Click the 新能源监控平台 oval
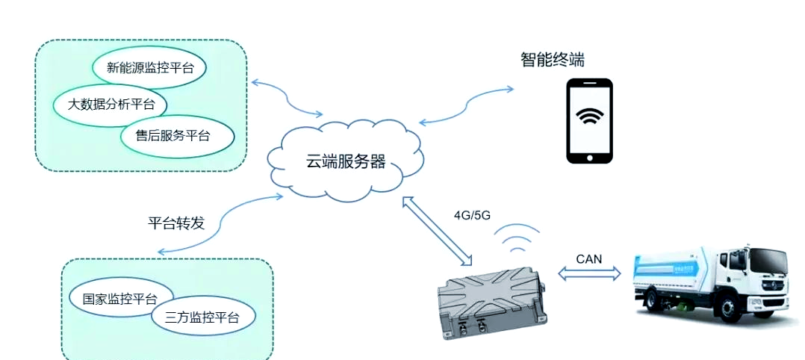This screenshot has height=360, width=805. (x=149, y=67)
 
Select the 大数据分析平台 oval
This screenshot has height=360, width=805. (x=111, y=104)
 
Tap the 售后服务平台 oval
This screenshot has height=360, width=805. (x=177, y=135)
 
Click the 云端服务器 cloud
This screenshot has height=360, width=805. (x=345, y=161)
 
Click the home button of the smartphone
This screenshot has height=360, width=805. (x=589, y=157)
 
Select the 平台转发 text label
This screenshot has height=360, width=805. (x=175, y=223)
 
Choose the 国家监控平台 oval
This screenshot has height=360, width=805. (x=120, y=299)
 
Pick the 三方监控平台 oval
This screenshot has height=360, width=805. (x=203, y=317)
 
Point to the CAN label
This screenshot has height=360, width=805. (x=589, y=258)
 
